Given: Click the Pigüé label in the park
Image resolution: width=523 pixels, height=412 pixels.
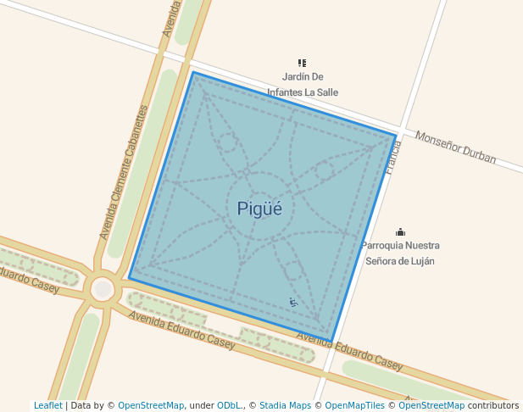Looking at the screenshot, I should pos(259,208).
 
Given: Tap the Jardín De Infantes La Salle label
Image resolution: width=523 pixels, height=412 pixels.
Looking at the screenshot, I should pos(303,84).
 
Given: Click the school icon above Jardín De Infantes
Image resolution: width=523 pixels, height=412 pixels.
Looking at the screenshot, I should pos(302,63).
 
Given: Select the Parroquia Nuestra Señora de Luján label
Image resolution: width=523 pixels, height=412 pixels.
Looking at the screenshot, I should pos(399,253).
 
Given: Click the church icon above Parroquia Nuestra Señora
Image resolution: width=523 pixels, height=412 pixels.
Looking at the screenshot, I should pos(400,232).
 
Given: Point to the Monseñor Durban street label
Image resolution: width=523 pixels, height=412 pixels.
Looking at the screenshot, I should pos(455,147).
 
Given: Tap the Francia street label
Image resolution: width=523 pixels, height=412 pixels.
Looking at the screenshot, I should pos(392,157).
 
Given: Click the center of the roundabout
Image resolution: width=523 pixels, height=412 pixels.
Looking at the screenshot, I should pos(103,289).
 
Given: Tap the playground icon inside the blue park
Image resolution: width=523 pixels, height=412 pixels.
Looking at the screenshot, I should pos(293,302).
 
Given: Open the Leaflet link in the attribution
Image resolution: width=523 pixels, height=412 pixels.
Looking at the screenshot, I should pos(47,406).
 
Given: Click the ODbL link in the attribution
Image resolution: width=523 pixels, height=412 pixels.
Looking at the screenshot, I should pos(229,406).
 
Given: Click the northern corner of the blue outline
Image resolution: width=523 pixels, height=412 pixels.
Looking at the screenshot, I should pos(193,73).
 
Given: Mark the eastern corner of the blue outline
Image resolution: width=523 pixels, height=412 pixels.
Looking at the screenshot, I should pos(396,135).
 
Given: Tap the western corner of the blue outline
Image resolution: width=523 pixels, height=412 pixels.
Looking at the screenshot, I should pos(129,278).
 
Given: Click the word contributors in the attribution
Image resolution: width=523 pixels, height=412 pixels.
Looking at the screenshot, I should pos(492,406).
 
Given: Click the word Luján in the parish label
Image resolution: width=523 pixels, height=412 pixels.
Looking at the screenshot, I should pos(421,261).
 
